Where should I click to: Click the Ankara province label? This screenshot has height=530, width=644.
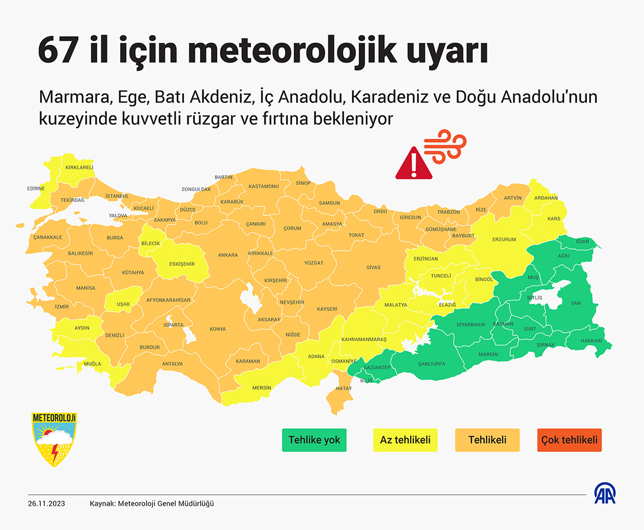[228, 255]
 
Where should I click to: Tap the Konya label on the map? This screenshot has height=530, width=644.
[217, 329]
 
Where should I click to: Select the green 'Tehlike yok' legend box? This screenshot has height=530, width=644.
[315, 440]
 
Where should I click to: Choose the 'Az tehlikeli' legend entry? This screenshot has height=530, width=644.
[405, 440]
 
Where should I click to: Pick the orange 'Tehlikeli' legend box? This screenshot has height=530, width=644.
[487, 440]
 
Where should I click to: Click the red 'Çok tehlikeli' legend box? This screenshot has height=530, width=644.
[569, 440]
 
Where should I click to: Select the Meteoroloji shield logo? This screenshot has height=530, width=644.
[55, 439]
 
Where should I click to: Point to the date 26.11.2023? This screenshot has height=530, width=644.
[47, 504]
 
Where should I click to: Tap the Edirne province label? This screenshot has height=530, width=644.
[36, 188]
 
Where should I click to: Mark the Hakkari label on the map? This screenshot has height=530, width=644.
[591, 341]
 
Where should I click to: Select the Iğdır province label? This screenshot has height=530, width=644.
[582, 241]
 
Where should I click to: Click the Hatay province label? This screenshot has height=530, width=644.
[344, 389]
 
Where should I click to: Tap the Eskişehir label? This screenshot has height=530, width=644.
[182, 264]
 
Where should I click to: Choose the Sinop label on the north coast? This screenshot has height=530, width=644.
[303, 184]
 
